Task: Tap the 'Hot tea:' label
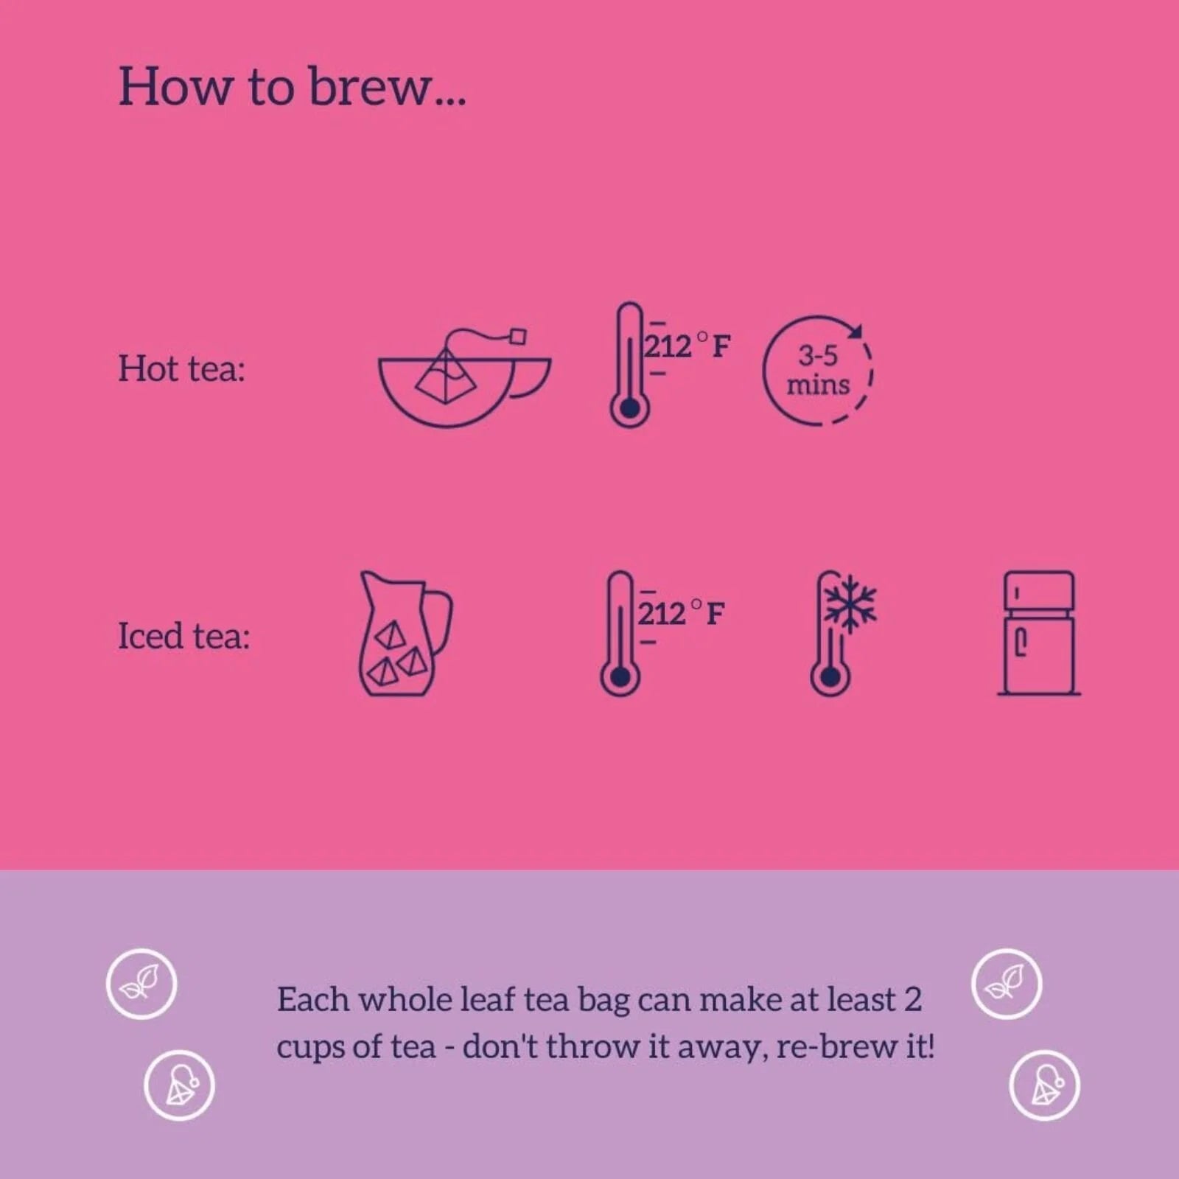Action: pos(181,368)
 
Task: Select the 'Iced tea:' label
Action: pos(184,635)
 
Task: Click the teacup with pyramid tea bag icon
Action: pos(464,377)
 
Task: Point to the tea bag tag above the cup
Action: pos(519,337)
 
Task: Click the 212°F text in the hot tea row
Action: pos(688,346)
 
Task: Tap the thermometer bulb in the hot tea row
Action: pos(629,407)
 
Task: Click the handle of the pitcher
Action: pos(440,623)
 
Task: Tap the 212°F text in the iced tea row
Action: pos(681,613)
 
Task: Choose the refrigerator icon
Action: pos(1039,633)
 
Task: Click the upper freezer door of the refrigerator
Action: pos(1039,591)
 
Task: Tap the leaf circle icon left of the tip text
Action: pos(141,984)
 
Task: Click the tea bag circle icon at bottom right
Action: pos(1044,1085)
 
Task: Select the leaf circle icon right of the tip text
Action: pos(1007,984)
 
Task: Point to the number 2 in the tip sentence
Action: pos(912,1000)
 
